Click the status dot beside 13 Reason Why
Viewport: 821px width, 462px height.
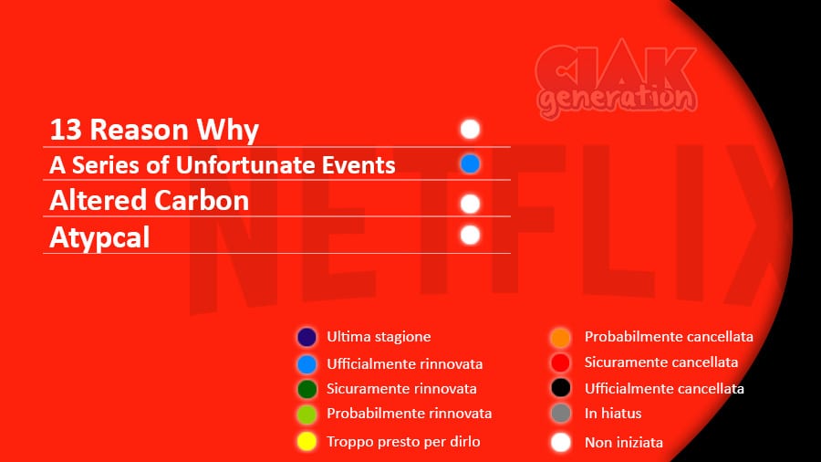coord(470,129)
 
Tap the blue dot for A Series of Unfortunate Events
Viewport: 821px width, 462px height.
coord(470,164)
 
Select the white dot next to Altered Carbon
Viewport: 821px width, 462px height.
coord(470,204)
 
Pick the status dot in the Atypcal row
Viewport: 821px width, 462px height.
coord(470,236)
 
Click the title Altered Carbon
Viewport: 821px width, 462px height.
coord(150,201)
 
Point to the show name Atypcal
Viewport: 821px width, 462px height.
coord(99,238)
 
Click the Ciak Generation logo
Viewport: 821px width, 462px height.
coord(617,79)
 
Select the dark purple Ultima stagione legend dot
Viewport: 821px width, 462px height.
coord(307,337)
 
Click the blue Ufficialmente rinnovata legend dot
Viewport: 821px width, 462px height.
coord(307,364)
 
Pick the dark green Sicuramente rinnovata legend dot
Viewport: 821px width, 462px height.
coord(307,389)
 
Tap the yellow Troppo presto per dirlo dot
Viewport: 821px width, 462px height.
coord(307,442)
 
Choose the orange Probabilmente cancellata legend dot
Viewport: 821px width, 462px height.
coord(561,337)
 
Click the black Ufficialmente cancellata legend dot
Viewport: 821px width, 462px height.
coord(561,388)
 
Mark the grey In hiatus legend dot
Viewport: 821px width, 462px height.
coord(561,414)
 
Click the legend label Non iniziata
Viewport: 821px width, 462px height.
coord(624,443)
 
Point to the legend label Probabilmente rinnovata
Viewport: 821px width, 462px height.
coord(409,414)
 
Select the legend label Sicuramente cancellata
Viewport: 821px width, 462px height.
coord(661,362)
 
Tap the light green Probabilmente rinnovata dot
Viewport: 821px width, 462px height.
coord(307,415)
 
